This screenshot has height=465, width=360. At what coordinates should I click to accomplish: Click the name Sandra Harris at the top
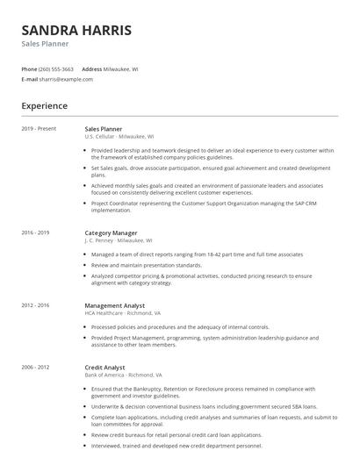coord(76,30)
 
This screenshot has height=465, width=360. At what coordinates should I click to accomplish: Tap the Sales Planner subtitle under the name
coord(45,43)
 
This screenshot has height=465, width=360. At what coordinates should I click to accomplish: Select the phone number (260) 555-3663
coord(56,68)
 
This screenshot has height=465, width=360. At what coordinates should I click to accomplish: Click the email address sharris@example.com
coord(66,79)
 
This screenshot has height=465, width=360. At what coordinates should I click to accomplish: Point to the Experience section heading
coord(44,106)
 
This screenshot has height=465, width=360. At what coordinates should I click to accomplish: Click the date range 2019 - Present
coord(39,129)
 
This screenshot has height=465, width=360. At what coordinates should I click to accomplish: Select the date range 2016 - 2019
coord(35,233)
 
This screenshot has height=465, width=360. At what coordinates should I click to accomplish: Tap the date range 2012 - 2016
coord(35,305)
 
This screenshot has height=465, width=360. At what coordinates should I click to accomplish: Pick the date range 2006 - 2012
coord(35,368)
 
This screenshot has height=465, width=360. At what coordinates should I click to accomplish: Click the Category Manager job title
coord(111,233)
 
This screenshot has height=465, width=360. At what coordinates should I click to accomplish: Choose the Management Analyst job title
coord(116,305)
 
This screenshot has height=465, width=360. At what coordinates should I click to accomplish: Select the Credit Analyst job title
coord(104,368)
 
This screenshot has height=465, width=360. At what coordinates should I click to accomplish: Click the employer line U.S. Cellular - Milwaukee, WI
coord(119,137)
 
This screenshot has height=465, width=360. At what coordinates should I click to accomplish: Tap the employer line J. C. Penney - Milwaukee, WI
coord(118,240)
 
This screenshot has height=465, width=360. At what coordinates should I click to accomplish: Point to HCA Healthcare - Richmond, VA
coord(122,312)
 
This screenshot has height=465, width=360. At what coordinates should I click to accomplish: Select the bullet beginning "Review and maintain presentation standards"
coord(146,265)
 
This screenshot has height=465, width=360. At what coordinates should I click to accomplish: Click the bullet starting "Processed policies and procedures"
coord(180,327)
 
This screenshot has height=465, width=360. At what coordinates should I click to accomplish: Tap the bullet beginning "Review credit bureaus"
coord(176,434)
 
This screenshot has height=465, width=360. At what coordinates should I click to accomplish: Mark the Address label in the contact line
coord(91,68)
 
